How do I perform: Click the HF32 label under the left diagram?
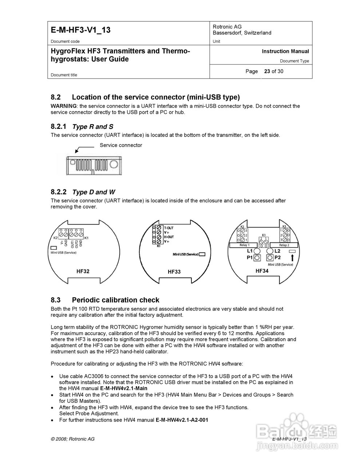point(83,271)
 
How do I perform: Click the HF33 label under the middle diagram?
point(174,272)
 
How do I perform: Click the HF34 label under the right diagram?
point(262,271)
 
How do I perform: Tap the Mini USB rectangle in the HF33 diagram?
point(202,254)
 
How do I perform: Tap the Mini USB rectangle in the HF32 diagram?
point(54,248)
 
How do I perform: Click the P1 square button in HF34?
point(257,258)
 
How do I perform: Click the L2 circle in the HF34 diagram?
point(270,251)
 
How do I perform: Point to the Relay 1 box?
point(244,245)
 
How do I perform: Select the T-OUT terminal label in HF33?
point(169,228)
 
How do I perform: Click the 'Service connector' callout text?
point(121,145)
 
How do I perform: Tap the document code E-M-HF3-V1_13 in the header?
point(80,30)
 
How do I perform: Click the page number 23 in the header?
point(267,71)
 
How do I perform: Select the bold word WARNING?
point(64,106)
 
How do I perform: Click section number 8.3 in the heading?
point(55,300)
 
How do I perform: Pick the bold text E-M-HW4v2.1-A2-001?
point(182,420)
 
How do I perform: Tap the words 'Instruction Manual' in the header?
point(285,51)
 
